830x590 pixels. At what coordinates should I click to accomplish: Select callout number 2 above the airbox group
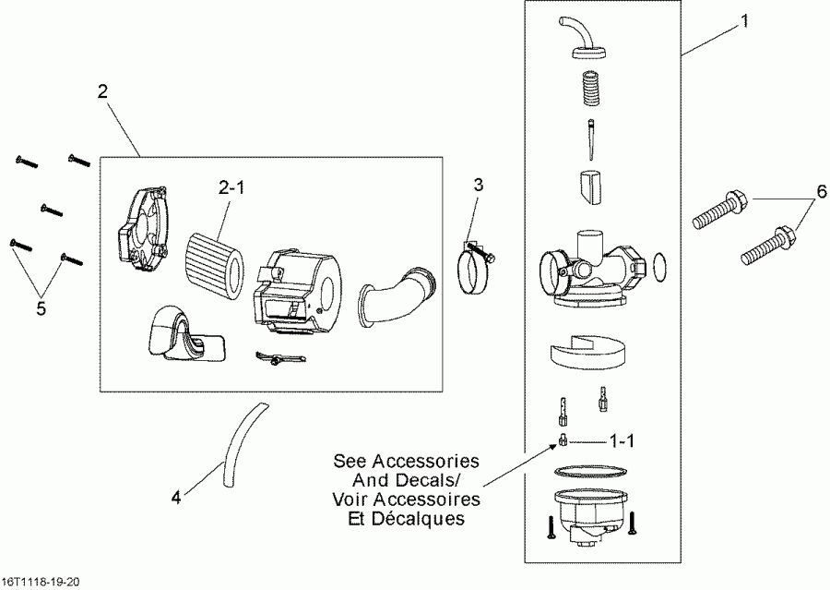102,91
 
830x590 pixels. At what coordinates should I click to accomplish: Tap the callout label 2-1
232,188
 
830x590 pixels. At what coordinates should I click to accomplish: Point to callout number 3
478,185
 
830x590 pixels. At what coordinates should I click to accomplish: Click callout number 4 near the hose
175,498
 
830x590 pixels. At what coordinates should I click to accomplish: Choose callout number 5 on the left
41,308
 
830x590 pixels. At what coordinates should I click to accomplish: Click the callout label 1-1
623,441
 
